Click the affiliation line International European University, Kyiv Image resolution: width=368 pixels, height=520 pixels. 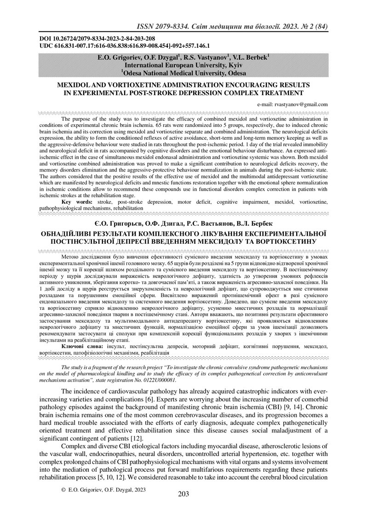(183, 65)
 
